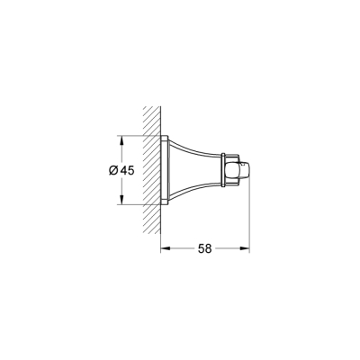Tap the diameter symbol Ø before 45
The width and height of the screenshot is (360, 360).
point(121,171)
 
